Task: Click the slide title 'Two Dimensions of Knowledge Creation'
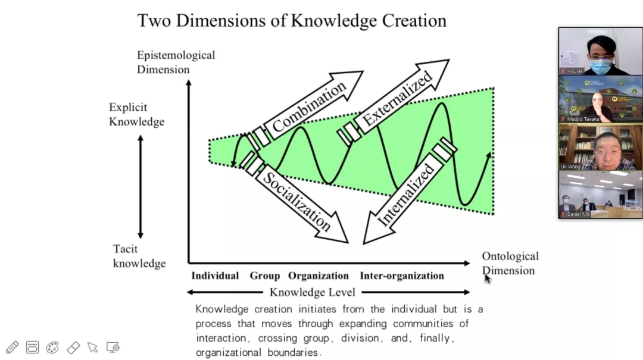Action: coord(292,20)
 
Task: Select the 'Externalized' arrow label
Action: coord(397,99)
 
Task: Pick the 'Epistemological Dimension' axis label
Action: coord(176,62)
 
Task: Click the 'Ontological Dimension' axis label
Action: coord(510,263)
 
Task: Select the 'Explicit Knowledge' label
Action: coord(136,114)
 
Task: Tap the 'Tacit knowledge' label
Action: coord(139,256)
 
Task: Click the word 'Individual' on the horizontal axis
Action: coord(215,276)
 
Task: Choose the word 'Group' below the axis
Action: coord(264,276)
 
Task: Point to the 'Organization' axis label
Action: coord(319,276)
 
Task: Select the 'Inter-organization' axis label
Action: coord(402,276)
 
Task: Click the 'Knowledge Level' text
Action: coord(313,292)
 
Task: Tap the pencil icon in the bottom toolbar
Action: coord(12,347)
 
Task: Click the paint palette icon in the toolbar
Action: coord(52,347)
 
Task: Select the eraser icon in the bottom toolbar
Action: coord(73,347)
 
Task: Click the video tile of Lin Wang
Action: coord(600,147)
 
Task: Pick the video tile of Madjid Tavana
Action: coord(600,99)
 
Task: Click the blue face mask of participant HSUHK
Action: coord(600,65)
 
